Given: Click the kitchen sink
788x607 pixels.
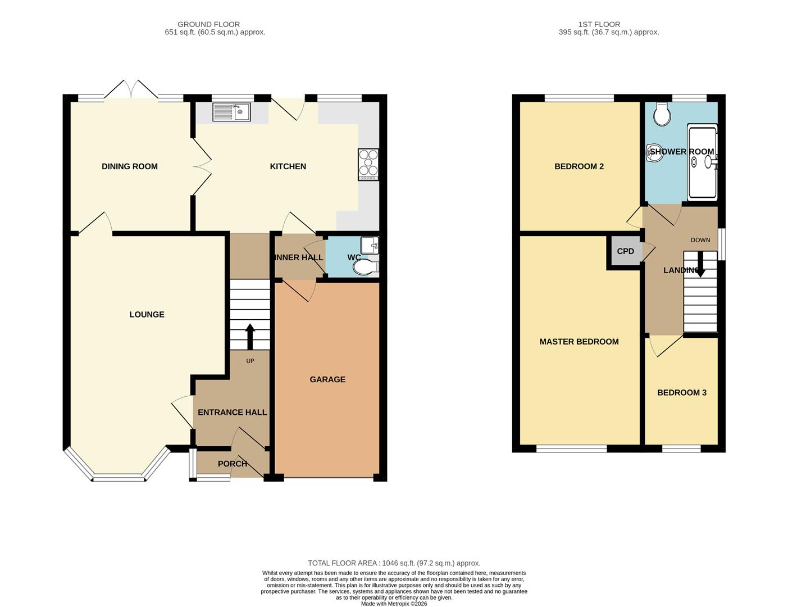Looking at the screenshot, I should coord(232,112).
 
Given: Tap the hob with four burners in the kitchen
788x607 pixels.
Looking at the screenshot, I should coord(368,164).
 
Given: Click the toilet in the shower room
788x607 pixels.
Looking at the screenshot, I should coord(662,115).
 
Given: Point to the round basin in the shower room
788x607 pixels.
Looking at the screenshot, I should coord(655,152).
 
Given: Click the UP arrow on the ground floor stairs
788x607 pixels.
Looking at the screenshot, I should coord(250,337).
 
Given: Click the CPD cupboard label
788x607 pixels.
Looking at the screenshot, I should coord(625,251).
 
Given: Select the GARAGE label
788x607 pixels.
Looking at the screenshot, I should coord(327,379).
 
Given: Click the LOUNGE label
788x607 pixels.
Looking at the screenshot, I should coord(147,314).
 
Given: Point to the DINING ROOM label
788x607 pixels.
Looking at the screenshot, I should coord(129,166).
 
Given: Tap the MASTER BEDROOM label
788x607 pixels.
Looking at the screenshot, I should coord(579,341).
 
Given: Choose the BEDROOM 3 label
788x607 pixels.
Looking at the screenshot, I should coord(681,392).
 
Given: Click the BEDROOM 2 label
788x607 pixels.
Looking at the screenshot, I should coord(579,166).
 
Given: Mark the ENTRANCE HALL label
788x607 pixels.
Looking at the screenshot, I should coord(232,412).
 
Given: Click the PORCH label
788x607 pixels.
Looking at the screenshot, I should coord(232,464).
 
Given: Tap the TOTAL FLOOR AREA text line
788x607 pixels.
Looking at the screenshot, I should coord(394,563).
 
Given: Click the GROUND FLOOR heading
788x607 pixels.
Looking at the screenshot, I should coord(208,24).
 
